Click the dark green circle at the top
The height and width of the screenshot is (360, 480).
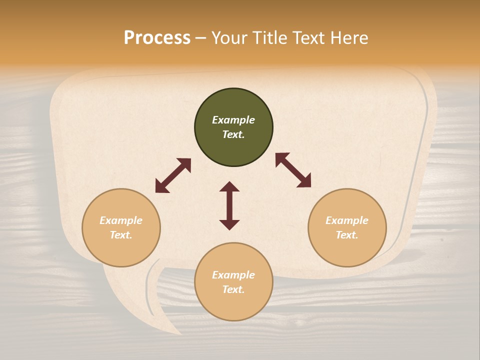[233, 127]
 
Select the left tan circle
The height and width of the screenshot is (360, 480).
[121, 227]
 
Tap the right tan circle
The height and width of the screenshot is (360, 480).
[347, 227]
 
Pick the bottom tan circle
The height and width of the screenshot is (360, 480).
[233, 282]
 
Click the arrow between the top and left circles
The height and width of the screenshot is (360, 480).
[173, 175]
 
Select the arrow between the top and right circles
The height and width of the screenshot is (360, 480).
[293, 170]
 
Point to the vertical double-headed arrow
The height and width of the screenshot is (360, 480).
[229, 205]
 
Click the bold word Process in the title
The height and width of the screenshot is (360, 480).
[157, 38]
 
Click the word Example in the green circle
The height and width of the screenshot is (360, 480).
[233, 120]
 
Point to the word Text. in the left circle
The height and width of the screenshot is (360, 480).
[121, 235]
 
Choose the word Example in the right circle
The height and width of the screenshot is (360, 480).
[347, 220]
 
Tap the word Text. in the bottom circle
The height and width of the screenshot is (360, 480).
[233, 289]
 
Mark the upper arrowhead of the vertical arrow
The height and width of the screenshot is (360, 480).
[229, 186]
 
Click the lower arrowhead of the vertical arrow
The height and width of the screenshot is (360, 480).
[229, 224]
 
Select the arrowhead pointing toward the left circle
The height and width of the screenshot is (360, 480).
[161, 187]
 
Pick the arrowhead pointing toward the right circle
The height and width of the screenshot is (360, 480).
[304, 181]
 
